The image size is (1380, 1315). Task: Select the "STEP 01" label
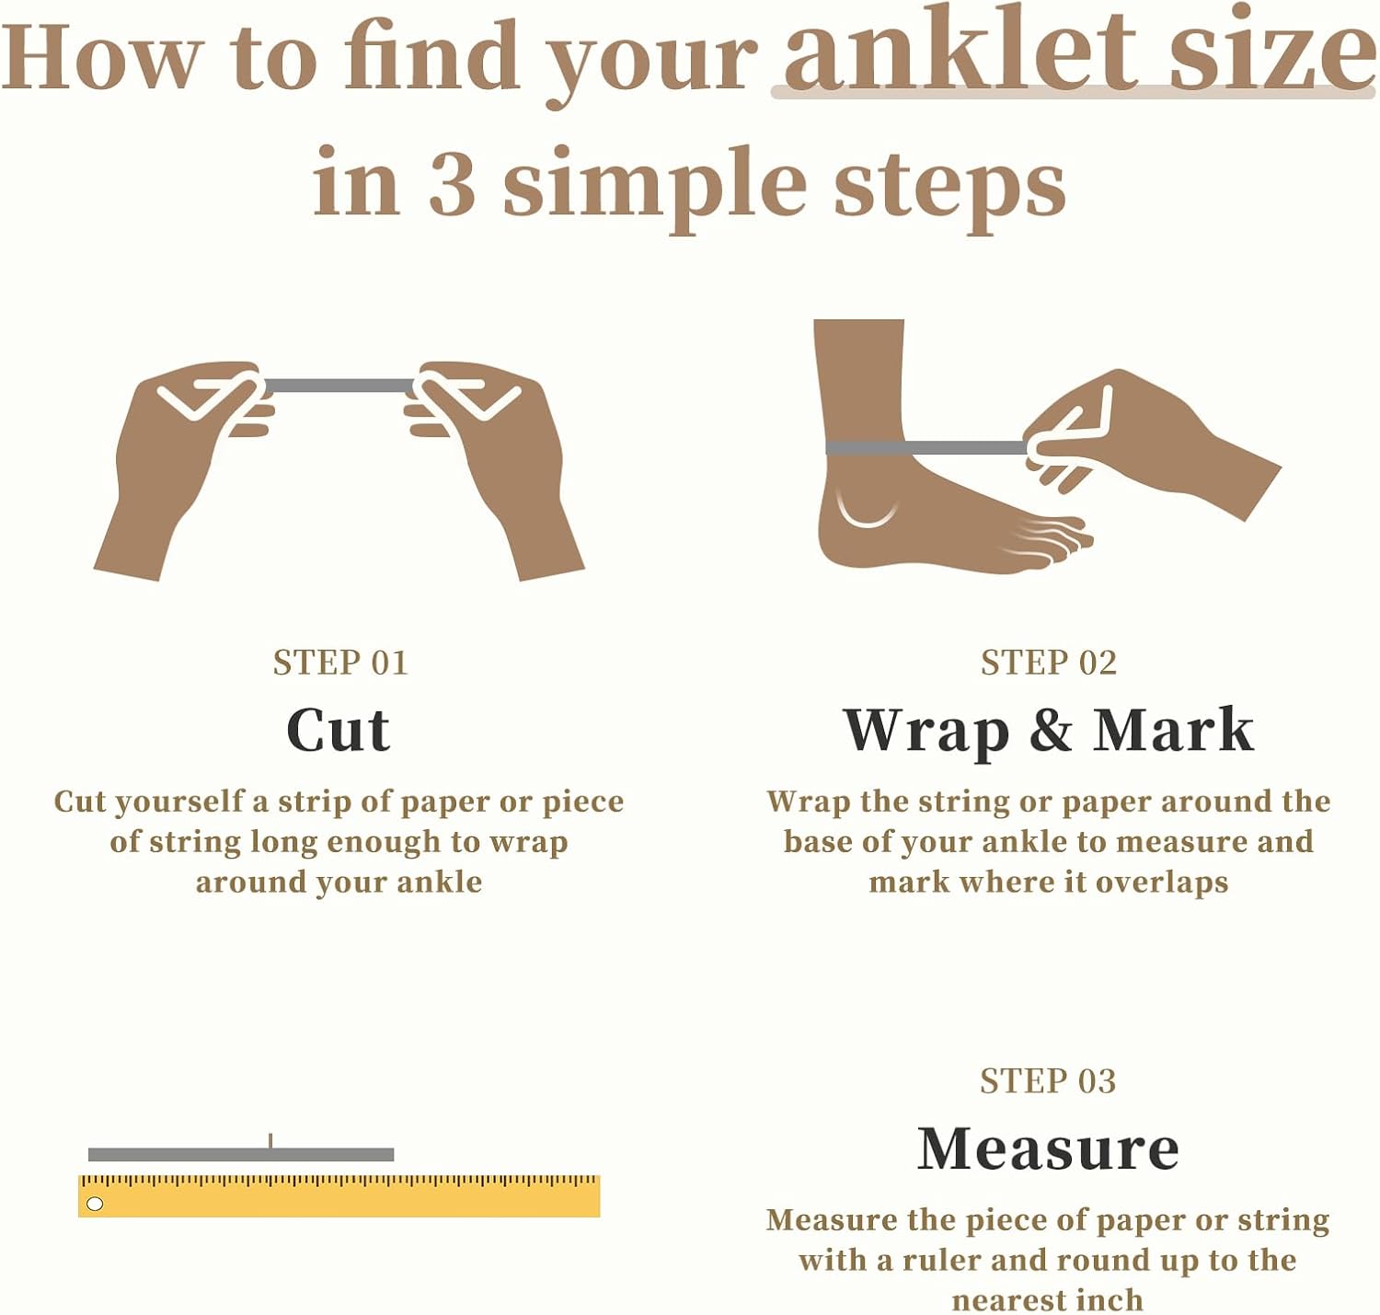point(339,663)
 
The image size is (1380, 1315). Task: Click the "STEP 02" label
point(1048,663)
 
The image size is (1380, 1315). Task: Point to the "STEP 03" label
point(1047,1080)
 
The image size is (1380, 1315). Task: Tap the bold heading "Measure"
point(1048,1148)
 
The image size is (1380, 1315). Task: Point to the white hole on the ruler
point(95,1204)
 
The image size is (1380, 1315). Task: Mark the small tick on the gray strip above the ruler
point(270,1141)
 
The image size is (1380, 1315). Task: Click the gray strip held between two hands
point(339,386)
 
